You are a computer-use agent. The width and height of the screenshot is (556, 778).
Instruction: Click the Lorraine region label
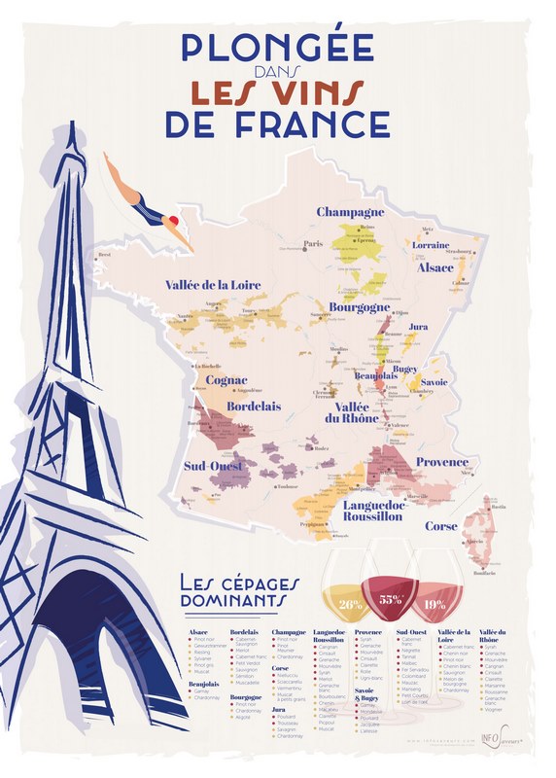tap(436, 247)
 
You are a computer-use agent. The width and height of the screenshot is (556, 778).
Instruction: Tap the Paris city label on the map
tap(313, 244)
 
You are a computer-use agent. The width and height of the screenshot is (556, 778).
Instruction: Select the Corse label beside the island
tap(440, 525)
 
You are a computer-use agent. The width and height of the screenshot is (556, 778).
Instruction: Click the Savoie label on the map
tap(434, 382)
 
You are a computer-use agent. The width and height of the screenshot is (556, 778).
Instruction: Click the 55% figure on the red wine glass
tap(390, 600)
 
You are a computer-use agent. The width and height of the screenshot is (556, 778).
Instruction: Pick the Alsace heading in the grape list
tap(197, 632)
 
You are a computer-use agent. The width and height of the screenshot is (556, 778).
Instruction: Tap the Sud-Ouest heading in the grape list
tap(411, 632)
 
